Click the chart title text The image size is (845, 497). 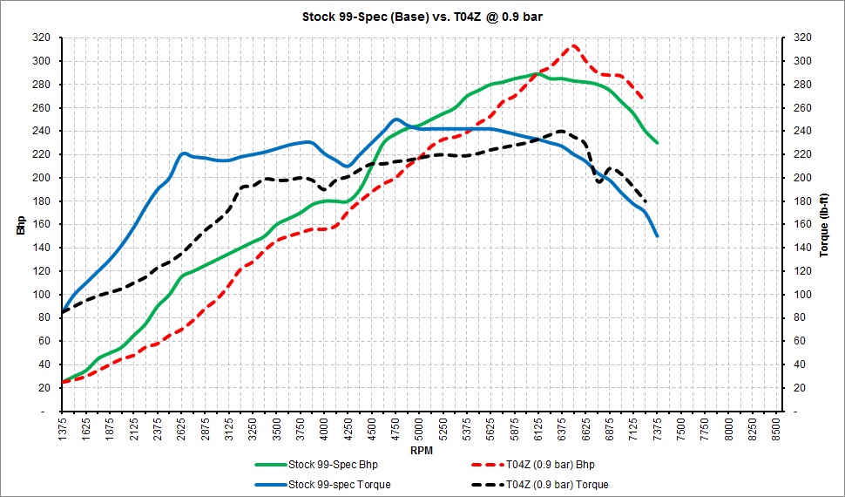(x=422, y=17)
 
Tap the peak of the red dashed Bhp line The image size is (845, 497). (x=573, y=45)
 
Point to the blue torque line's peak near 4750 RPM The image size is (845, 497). (x=395, y=119)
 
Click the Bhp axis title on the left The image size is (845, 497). (x=21, y=223)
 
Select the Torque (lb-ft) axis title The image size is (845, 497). (x=824, y=224)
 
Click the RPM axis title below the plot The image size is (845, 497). (x=422, y=451)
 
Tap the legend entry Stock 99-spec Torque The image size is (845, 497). (x=322, y=485)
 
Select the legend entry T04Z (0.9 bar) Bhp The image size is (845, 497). (x=533, y=464)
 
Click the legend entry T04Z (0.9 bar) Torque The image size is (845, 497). (x=540, y=485)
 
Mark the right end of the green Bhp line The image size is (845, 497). (x=657, y=143)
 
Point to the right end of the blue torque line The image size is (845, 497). (x=657, y=235)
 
